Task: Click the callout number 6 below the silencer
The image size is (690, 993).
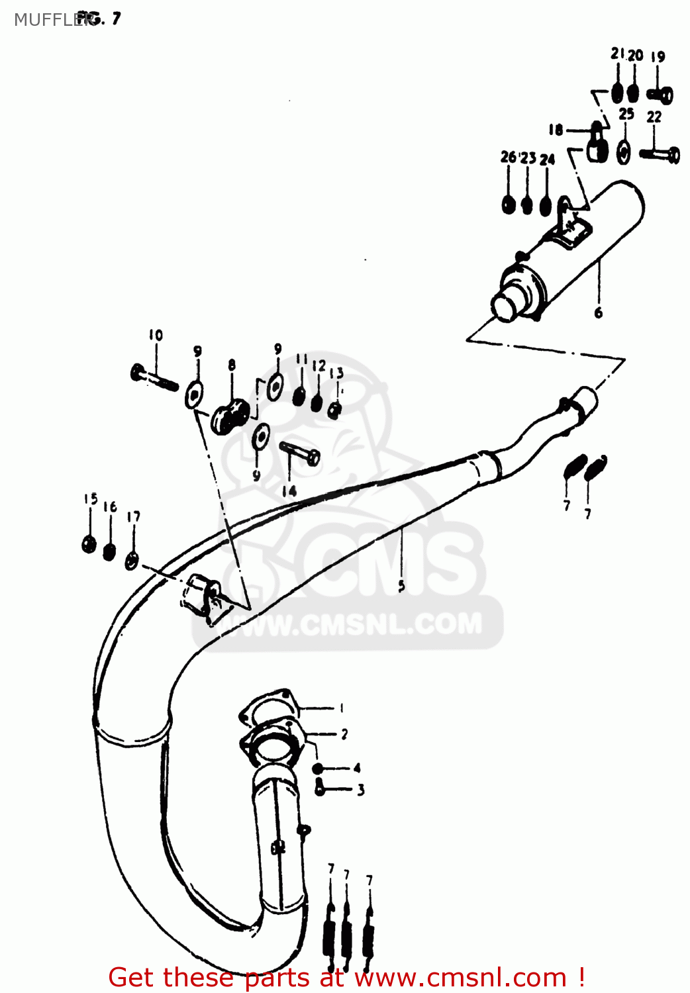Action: pos(599,312)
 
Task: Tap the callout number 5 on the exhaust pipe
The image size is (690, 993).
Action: pos(401,585)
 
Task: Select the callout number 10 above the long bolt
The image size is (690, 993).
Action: pos(156,335)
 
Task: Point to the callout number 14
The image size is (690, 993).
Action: pos(289,491)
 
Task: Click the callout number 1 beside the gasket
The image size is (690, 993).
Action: pos(342,708)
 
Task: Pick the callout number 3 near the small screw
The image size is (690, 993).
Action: pos(361,789)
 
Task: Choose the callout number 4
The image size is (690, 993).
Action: pos(358,768)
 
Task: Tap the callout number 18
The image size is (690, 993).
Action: pos(556,130)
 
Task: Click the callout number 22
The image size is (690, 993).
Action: pos(654,117)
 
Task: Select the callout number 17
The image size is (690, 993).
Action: pos(134,516)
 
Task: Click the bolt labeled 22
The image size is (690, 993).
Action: pos(660,154)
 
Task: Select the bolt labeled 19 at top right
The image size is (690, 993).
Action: pos(660,95)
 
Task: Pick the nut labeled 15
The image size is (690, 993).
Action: pos(89,544)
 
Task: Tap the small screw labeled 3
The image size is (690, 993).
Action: pos(320,788)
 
